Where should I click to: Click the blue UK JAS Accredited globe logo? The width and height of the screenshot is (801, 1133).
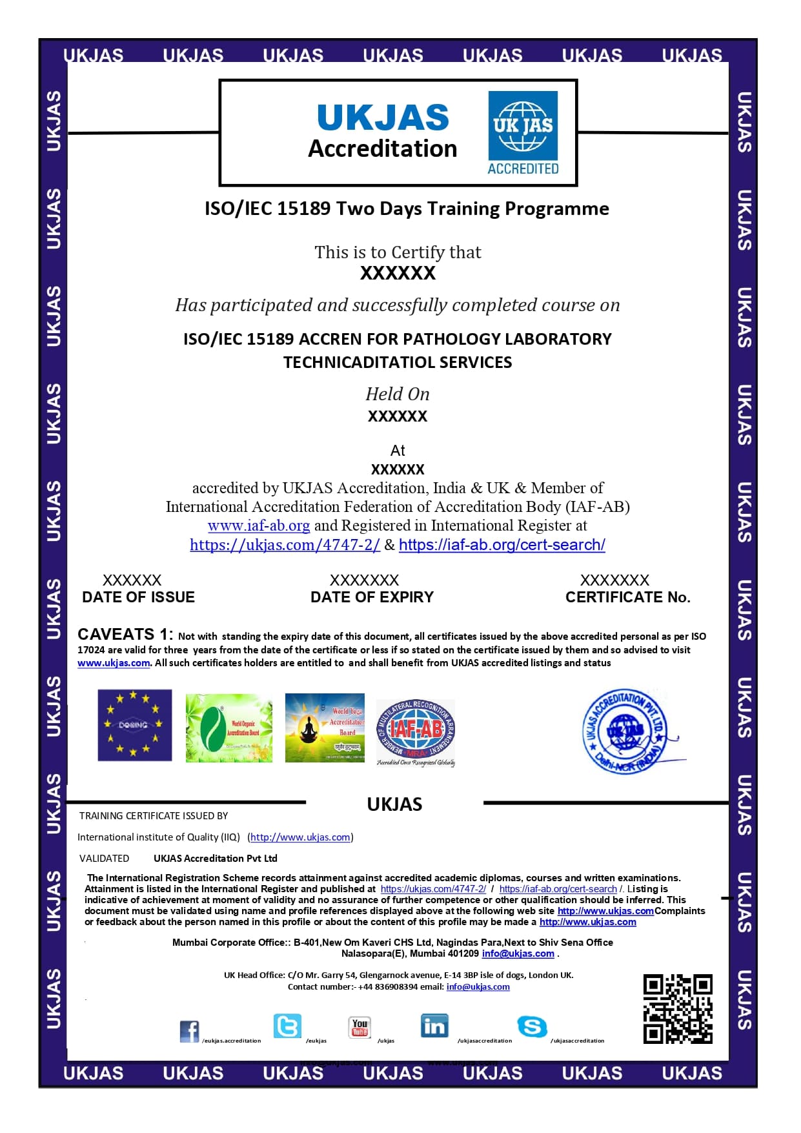click(x=523, y=133)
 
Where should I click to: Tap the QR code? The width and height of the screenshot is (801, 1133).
click(x=677, y=1008)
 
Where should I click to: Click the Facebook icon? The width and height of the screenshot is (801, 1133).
click(x=189, y=1031)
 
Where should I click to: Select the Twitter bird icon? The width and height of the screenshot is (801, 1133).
click(x=287, y=1025)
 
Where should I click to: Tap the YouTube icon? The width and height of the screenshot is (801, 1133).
click(x=360, y=1026)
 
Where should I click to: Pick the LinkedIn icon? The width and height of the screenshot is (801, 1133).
click(x=434, y=1025)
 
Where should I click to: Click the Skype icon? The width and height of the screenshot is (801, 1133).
click(x=532, y=1026)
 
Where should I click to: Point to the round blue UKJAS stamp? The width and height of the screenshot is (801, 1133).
click(x=624, y=731)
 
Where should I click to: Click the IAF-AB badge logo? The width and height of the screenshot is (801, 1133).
click(x=416, y=731)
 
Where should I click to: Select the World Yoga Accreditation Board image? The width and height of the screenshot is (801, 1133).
click(x=325, y=728)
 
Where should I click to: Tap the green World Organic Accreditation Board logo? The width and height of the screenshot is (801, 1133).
click(x=228, y=728)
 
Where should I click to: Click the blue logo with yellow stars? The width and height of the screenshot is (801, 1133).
click(x=134, y=725)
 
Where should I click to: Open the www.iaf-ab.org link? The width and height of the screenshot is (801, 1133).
click(x=259, y=526)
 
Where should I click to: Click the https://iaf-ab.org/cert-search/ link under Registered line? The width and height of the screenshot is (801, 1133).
click(x=502, y=545)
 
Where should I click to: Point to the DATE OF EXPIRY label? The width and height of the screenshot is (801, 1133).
click(x=372, y=597)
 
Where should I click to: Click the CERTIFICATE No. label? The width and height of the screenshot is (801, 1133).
click(x=627, y=597)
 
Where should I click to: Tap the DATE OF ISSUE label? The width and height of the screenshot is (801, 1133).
click(x=138, y=597)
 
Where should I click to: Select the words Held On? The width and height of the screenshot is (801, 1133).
click(x=397, y=394)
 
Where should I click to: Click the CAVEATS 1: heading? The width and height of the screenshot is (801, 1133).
click(x=125, y=634)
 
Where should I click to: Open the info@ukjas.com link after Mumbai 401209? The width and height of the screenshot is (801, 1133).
click(x=518, y=954)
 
